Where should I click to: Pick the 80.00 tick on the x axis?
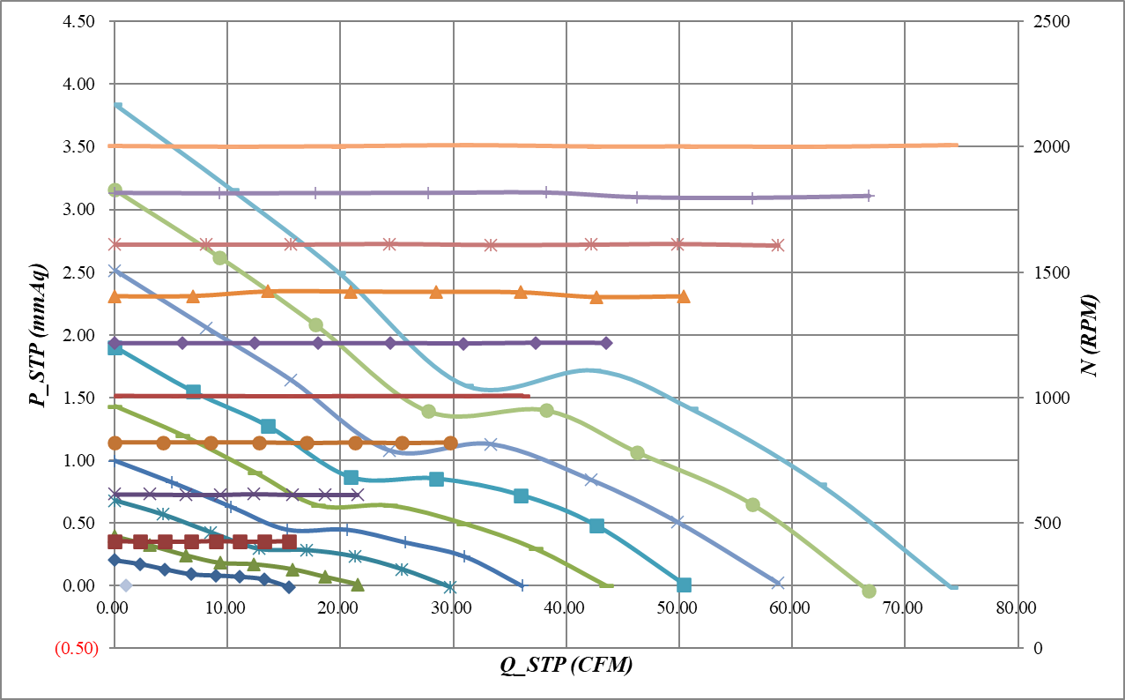pyautogui.click(x=1016, y=608)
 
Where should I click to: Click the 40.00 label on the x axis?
pyautogui.click(x=566, y=608)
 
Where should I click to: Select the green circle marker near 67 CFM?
pyautogui.click(x=869, y=591)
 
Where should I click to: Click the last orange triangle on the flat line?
pyautogui.click(x=684, y=296)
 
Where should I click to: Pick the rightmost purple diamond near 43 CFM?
pyautogui.click(x=605, y=343)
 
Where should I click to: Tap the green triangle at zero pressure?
pyautogui.click(x=358, y=584)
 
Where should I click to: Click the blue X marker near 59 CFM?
pyautogui.click(x=777, y=583)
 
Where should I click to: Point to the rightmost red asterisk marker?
pyautogui.click(x=777, y=245)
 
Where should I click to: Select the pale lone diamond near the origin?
pyautogui.click(x=126, y=585)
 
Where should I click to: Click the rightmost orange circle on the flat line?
pyautogui.click(x=451, y=443)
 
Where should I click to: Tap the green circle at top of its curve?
pyautogui.click(x=115, y=190)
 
